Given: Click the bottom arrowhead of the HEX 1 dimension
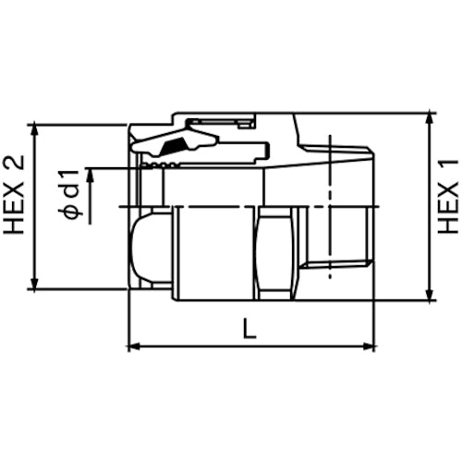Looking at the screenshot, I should click(x=431, y=295).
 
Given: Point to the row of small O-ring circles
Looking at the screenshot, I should click(x=162, y=164).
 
